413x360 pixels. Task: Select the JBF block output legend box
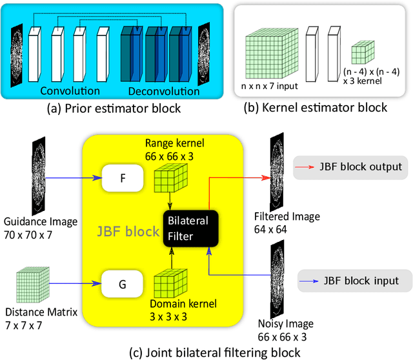pos(350,167)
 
